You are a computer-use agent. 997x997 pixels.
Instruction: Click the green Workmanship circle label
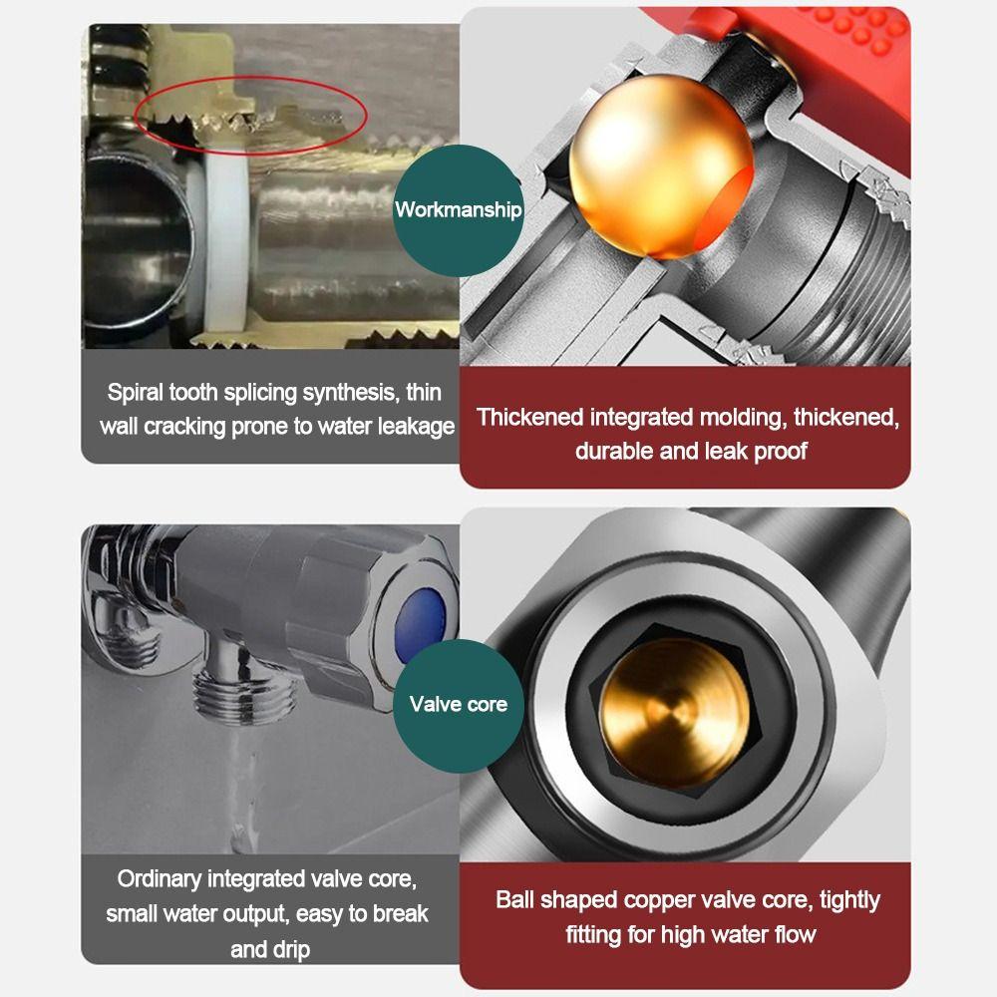(x=458, y=209)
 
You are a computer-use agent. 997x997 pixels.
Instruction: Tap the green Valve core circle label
(x=458, y=704)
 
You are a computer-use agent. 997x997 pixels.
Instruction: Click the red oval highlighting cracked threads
(x=250, y=112)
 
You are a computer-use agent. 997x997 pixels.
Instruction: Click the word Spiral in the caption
(x=137, y=392)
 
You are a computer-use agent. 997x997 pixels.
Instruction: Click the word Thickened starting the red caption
(x=529, y=417)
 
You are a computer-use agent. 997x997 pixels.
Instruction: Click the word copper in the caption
(x=656, y=900)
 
